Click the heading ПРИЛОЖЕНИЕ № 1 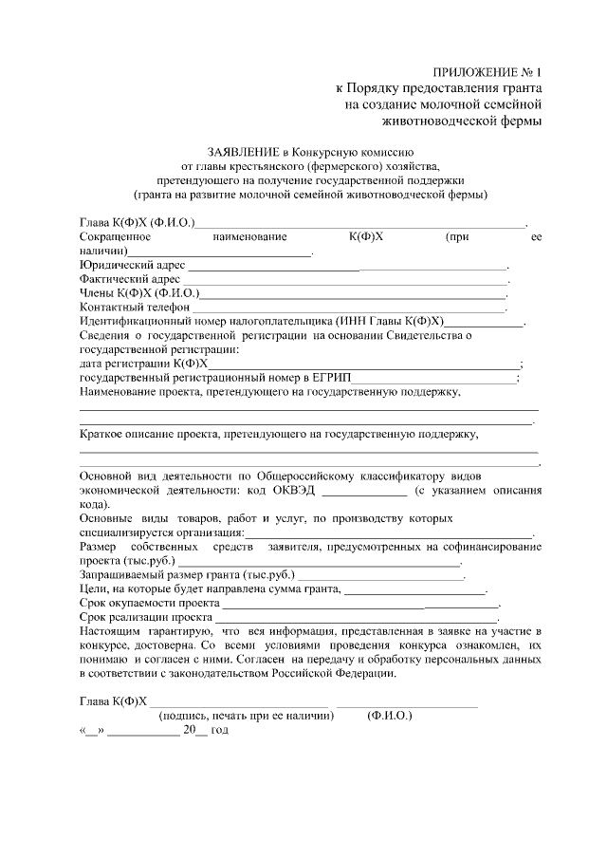tap(487, 72)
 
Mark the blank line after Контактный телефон tap(349, 309)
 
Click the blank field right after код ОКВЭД tap(364, 493)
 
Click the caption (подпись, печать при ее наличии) tap(247, 718)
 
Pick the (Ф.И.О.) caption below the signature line tap(389, 718)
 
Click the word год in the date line tap(219, 731)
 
